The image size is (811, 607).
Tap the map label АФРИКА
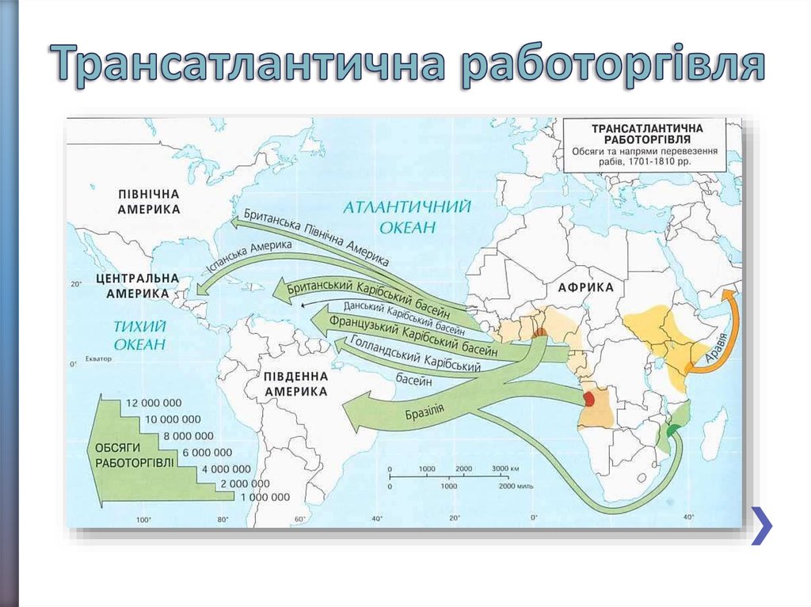click(x=586, y=287)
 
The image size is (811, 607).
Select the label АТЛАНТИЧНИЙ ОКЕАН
click(x=408, y=217)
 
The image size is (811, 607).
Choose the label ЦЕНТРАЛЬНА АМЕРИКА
click(x=137, y=286)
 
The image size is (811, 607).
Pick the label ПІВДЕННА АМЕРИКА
click(x=296, y=384)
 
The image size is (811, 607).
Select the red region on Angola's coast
click(x=590, y=400)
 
